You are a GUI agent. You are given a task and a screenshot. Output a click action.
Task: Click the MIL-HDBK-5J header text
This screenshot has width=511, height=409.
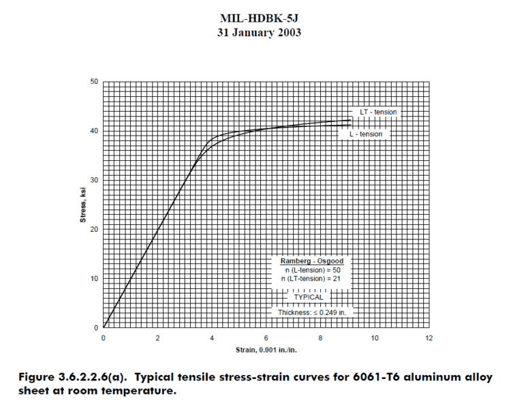click(x=255, y=18)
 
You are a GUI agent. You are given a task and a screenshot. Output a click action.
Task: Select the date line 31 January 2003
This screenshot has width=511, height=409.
click(x=255, y=32)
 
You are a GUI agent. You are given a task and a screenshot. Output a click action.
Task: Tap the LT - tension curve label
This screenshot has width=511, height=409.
click(x=378, y=112)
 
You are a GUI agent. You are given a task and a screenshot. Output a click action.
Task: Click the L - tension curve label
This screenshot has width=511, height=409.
click(x=366, y=134)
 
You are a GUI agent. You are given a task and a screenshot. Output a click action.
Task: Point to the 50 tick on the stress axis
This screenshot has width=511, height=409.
click(x=95, y=82)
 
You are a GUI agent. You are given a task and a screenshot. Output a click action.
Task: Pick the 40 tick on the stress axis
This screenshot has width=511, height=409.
click(x=95, y=131)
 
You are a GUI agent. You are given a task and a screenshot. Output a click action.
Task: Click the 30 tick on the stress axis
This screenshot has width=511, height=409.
click(x=95, y=180)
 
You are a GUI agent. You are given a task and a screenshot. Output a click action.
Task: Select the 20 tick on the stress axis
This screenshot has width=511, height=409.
click(x=95, y=229)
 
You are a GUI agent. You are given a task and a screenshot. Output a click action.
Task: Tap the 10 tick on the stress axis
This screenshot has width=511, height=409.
click(x=95, y=279)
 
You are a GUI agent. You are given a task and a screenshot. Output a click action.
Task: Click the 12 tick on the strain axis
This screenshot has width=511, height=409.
click(x=429, y=338)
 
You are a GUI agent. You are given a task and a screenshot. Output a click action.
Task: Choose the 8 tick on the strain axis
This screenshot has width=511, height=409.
click(x=320, y=338)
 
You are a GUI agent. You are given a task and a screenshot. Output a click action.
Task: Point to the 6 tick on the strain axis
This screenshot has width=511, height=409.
click(x=266, y=338)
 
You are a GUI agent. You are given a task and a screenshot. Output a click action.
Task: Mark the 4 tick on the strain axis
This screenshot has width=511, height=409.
click(x=212, y=338)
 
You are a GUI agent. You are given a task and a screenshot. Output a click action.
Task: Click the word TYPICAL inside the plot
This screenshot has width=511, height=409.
click(x=309, y=297)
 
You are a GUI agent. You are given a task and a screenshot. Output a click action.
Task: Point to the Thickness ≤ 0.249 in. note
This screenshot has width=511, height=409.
click(x=311, y=312)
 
